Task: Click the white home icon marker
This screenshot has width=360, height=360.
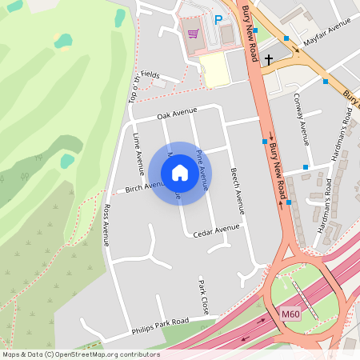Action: click(x=180, y=173)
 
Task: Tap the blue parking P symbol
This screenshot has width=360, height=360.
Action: click(x=218, y=20)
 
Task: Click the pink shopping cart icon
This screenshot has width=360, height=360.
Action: click(x=193, y=34)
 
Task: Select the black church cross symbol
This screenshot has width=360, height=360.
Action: click(x=269, y=58)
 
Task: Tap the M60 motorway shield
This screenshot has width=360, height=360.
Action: click(x=290, y=314)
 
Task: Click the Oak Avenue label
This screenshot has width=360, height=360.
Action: click(x=177, y=114)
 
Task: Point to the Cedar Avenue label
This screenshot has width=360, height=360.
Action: click(x=216, y=230)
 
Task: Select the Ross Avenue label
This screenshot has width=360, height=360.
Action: click(x=106, y=224)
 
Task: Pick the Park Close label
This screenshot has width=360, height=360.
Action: click(x=203, y=296)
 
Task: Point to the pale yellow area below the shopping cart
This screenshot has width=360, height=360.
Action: click(x=214, y=69)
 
